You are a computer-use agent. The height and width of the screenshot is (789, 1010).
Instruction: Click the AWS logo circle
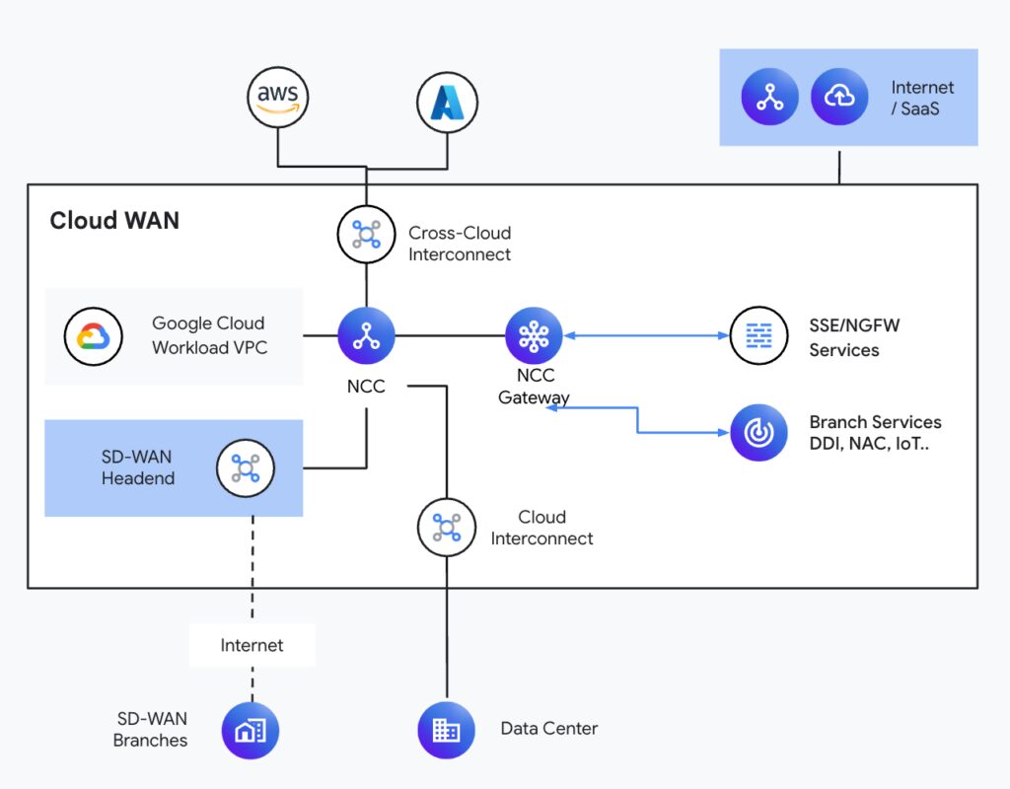coord(278,97)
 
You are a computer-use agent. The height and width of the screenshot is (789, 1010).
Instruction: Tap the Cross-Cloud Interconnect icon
coord(366,234)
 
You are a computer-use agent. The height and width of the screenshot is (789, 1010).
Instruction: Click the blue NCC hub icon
coord(366,335)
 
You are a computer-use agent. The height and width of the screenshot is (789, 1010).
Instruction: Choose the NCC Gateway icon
coord(534,335)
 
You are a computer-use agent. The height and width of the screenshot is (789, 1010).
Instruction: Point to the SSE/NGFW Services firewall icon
coord(758,335)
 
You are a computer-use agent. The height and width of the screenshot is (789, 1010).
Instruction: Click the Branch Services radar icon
coord(758,432)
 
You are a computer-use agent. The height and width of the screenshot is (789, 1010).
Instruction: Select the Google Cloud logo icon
coord(94,337)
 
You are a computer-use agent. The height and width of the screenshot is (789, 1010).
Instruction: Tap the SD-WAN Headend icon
coord(245,467)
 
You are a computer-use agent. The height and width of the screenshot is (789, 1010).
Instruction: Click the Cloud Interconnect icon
coord(447,527)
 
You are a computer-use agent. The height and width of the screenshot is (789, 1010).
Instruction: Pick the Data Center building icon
coord(447,730)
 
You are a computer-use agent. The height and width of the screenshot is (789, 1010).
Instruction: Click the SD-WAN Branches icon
coord(251,731)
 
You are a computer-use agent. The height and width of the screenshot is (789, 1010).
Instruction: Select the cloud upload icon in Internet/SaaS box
coord(838,97)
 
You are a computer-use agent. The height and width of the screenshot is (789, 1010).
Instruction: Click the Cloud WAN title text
coord(114,220)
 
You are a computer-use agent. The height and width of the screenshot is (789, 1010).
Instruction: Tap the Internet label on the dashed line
coord(252,645)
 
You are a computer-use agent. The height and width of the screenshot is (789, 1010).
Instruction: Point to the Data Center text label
coord(548,729)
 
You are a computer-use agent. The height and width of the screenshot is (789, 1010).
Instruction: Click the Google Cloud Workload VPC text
coord(208,335)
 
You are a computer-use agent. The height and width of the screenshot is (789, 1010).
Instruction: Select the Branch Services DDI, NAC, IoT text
coord(875,432)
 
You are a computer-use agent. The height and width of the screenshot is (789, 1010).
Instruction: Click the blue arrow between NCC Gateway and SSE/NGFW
coord(646,335)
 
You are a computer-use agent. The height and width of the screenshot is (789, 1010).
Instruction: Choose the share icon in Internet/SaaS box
coord(769,97)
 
